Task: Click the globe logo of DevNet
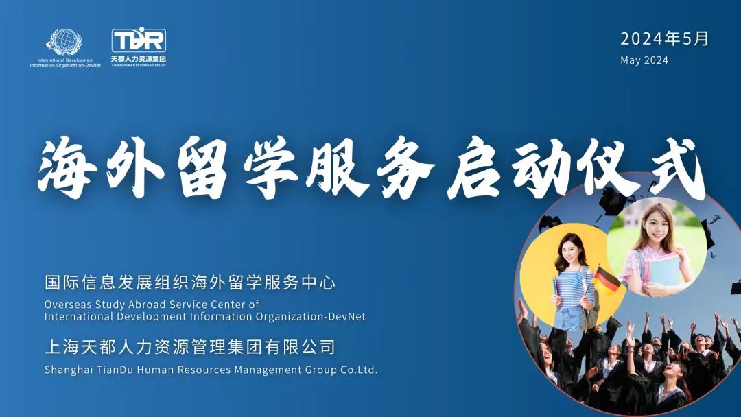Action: pos(64,43)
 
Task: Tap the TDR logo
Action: pos(139,40)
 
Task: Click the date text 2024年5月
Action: pos(664,38)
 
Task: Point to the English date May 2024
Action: pos(644,60)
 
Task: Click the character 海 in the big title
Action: pos(65,167)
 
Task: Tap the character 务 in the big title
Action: pos(405,167)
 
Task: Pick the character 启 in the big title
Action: pos(474,167)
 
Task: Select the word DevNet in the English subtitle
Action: pos(350,316)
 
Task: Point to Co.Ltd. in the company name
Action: pos(359,369)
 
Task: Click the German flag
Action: pos(607,280)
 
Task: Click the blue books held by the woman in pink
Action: pos(664,269)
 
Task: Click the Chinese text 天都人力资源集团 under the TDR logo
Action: pos(139,59)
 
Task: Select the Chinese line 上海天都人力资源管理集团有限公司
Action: pos(189,347)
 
